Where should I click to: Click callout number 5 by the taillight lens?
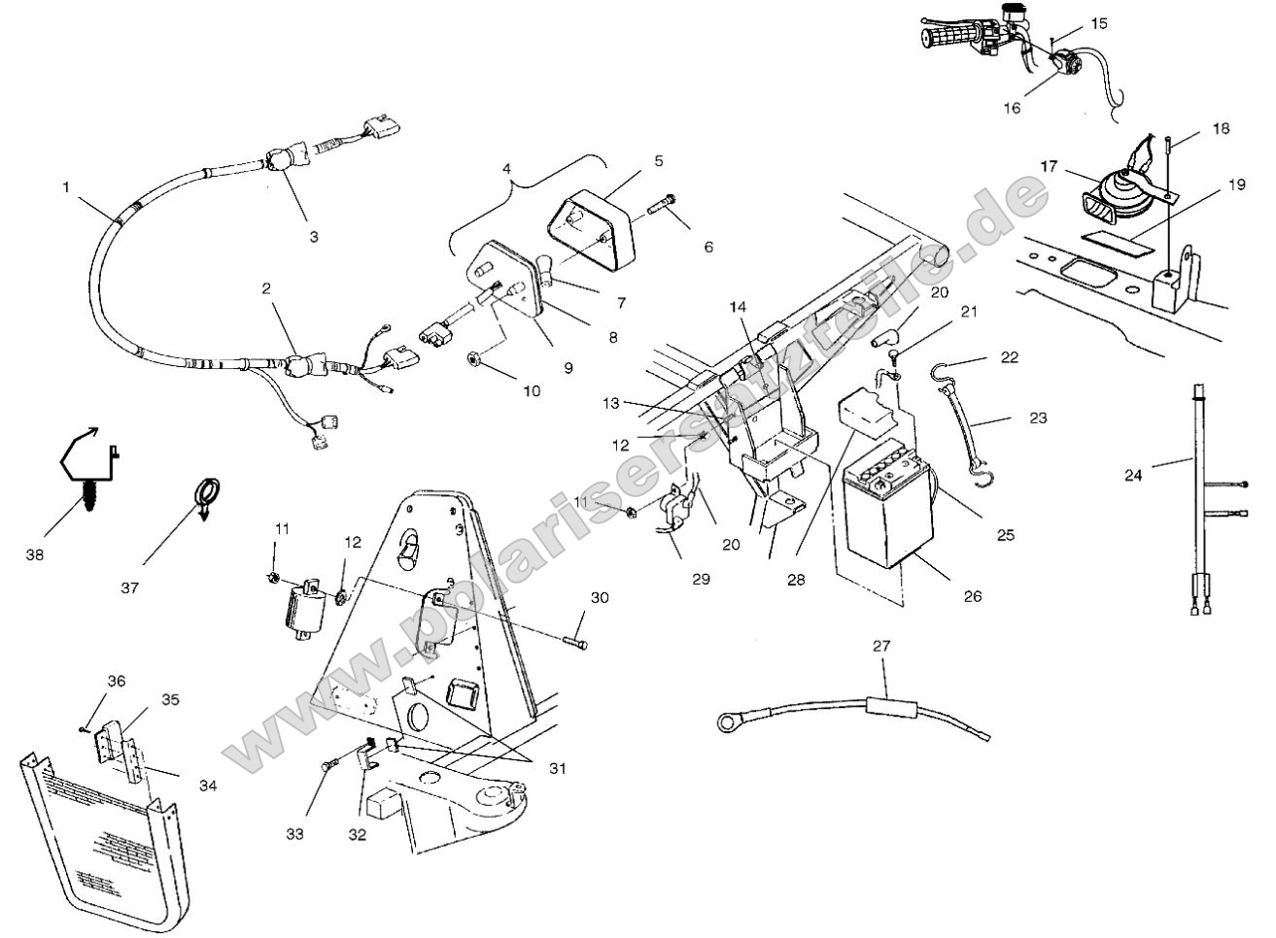point(658,160)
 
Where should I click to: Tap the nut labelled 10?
point(476,360)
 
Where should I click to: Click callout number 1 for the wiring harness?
point(66,186)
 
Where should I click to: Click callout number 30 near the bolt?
point(600,598)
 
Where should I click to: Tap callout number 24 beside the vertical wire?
point(1133,475)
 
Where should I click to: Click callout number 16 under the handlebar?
point(1012,108)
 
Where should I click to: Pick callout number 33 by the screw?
point(293,833)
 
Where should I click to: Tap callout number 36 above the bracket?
point(117,682)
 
